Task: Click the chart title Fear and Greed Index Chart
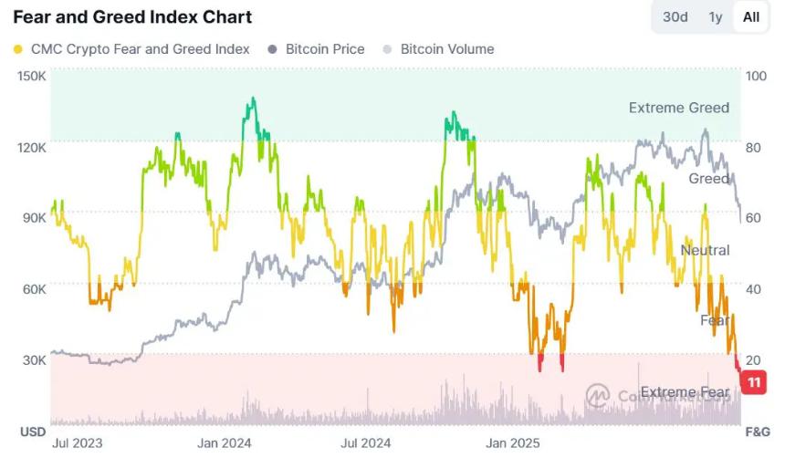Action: pos(132,17)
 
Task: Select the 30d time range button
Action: pos(675,17)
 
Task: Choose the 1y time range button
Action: pos(716,17)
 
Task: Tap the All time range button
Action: pos(750,17)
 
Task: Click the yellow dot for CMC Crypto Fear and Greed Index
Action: pos(19,49)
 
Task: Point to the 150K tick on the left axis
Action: pos(32,76)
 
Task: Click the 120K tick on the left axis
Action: pos(32,147)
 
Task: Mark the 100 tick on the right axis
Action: pos(757,76)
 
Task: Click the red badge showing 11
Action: pos(754,382)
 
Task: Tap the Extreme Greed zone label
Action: pos(678,108)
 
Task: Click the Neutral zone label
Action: pos(705,250)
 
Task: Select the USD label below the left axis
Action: pos(33,431)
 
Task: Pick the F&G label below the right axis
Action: pos(758,431)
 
